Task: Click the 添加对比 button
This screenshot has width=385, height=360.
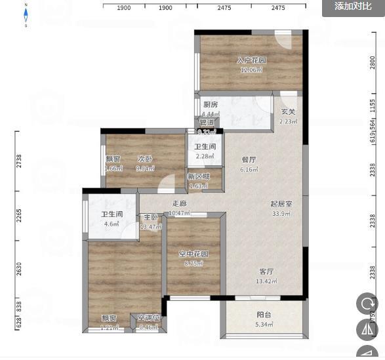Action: [x=353, y=7]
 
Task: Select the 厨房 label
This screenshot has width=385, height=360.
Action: [x=211, y=105]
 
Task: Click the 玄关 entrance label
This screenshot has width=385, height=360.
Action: [x=289, y=112]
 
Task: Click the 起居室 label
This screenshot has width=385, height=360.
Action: [x=281, y=204]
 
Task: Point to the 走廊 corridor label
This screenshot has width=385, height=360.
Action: [x=179, y=204]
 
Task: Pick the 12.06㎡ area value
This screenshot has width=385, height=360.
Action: [x=251, y=70]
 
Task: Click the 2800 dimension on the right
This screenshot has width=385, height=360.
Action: [x=373, y=62]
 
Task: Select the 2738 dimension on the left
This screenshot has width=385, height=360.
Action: [x=20, y=161]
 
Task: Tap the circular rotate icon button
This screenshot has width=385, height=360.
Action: [x=366, y=304]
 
